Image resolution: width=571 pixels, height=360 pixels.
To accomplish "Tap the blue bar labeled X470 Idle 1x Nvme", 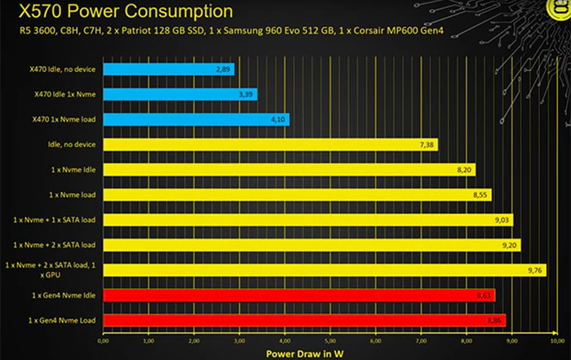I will (x=180, y=95).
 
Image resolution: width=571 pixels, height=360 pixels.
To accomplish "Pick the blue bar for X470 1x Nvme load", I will (x=197, y=120).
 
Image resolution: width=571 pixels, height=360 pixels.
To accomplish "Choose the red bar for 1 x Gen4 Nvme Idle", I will (x=299, y=295).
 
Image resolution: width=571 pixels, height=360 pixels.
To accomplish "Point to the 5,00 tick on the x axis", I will (x=330, y=341).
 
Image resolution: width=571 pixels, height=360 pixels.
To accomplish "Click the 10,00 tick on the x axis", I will (x=557, y=341).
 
